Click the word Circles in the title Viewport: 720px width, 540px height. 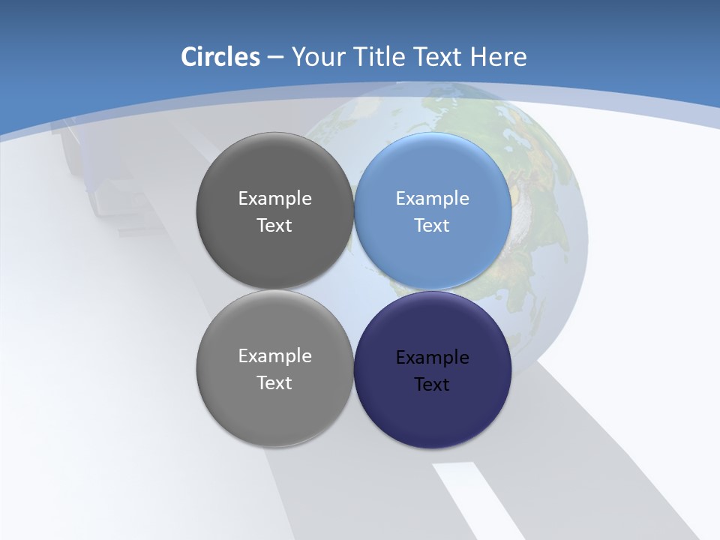tap(220, 57)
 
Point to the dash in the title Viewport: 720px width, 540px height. tap(275, 57)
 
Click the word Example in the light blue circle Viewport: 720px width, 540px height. tap(432, 198)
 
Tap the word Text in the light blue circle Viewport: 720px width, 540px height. tap(432, 225)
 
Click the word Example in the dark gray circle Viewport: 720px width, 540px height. tap(274, 198)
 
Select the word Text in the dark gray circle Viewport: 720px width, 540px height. tap(274, 225)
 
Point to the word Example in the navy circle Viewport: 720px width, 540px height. tap(432, 357)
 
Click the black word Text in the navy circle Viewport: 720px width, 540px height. tap(432, 384)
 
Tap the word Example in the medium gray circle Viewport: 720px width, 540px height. tap(274, 355)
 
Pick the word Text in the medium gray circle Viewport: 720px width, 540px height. tap(274, 382)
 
